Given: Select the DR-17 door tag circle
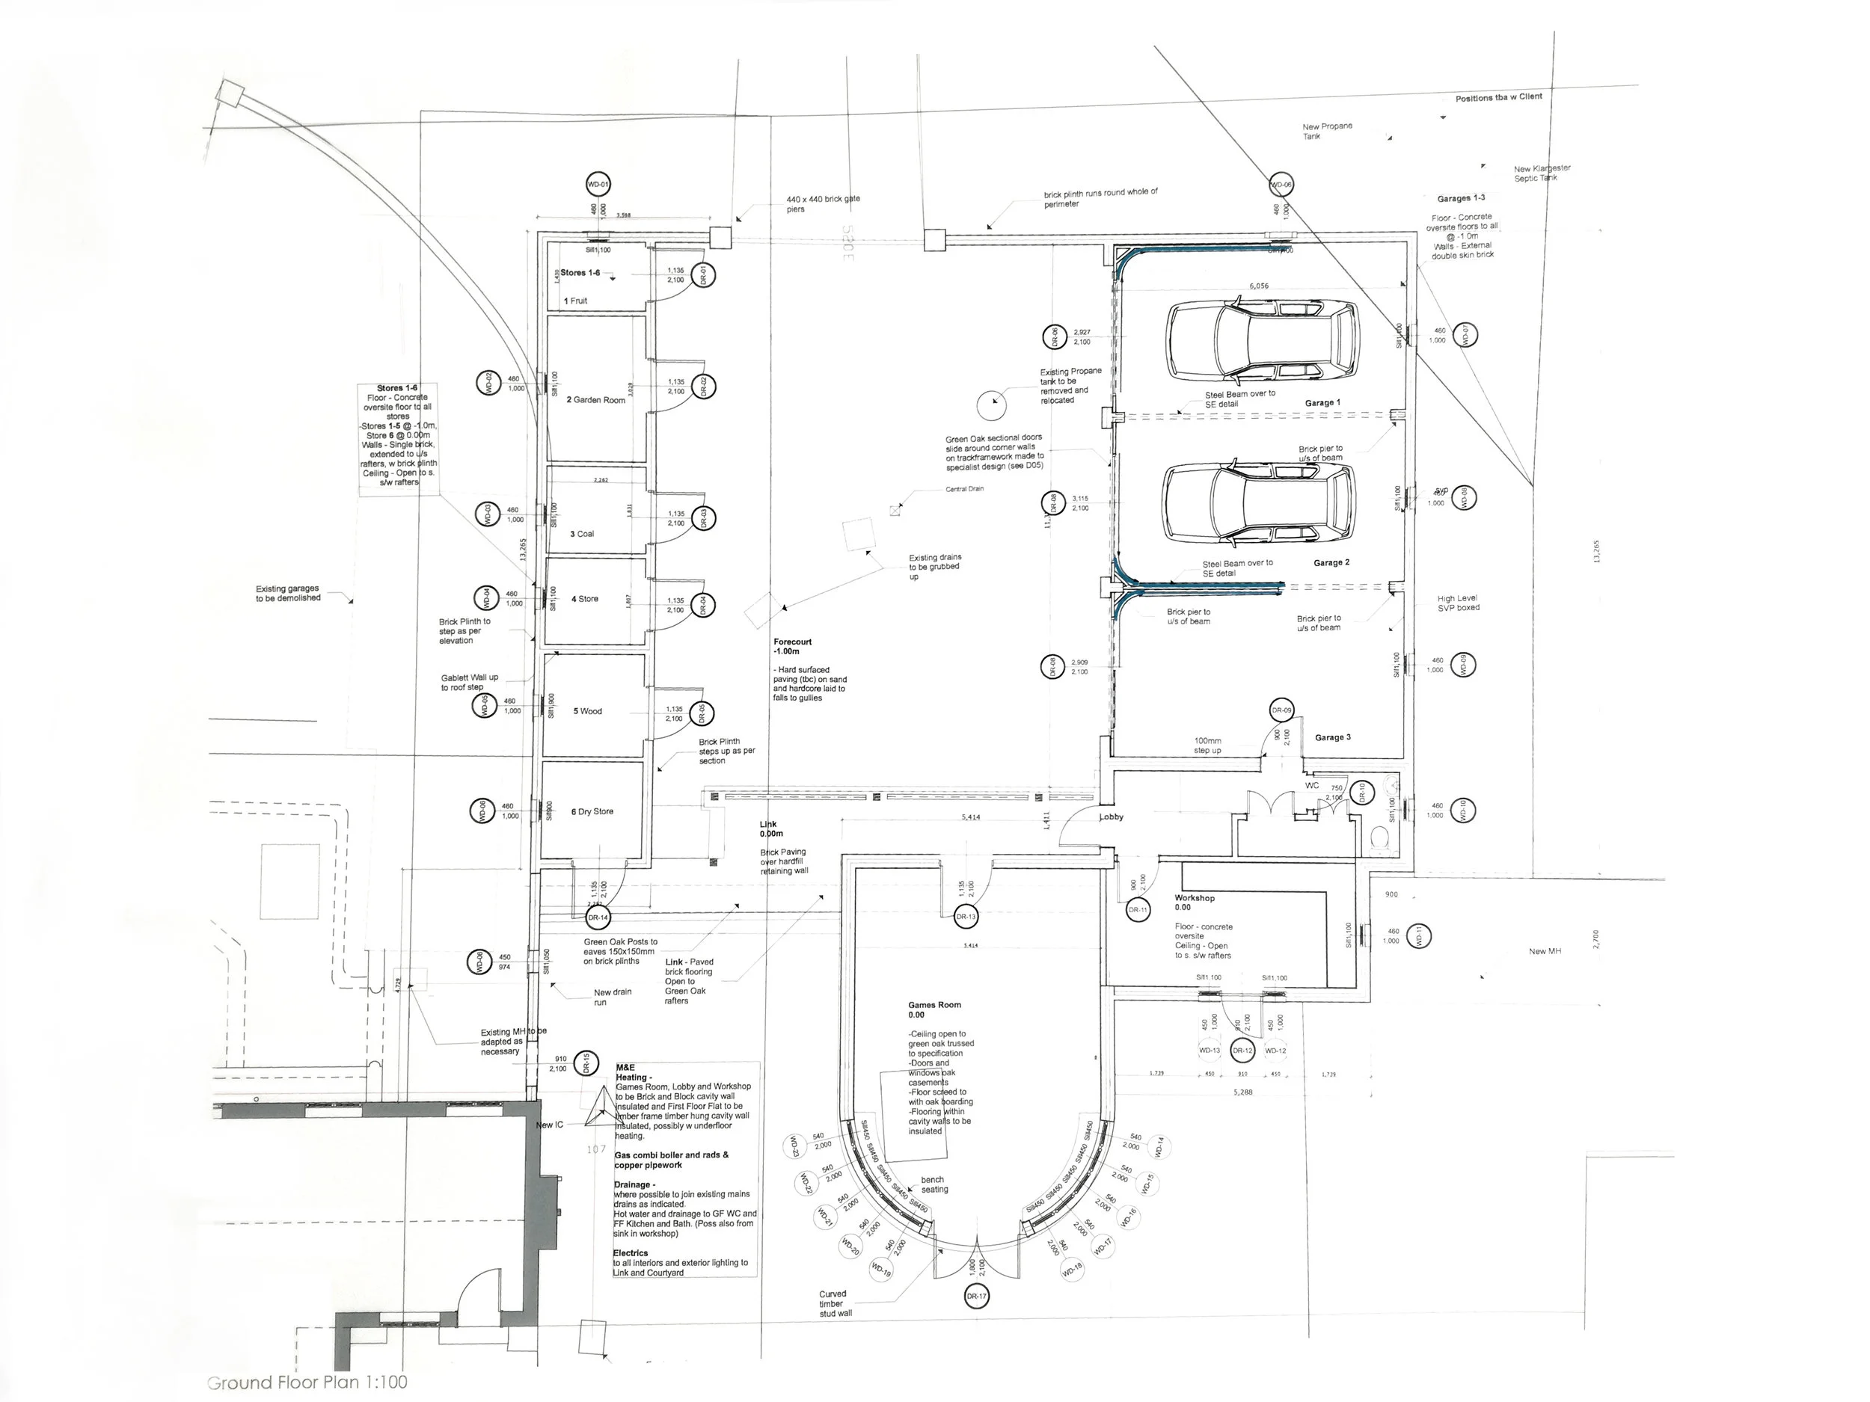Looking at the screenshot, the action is [976, 1296].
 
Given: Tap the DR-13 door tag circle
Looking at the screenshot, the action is [966, 917].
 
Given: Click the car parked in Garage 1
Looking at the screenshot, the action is [1263, 339].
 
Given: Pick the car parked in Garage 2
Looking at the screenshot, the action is [1259, 504].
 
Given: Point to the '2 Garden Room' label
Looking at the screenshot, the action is [596, 400].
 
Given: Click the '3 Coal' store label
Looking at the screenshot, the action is [582, 534].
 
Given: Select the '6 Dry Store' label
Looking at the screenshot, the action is [592, 812].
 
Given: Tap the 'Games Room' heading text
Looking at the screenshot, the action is [934, 1006].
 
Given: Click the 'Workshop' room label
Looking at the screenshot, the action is [1194, 898].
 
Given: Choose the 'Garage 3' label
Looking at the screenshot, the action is [1332, 738].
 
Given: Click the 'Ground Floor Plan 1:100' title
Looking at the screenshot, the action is [307, 1383].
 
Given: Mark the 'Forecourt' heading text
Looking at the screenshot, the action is [792, 642].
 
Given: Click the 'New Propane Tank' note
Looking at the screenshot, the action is [1327, 131].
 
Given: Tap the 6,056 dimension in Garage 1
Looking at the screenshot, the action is [1259, 286].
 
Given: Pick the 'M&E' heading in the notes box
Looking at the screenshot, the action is [625, 1067].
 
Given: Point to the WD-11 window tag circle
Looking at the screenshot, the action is [1420, 935].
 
